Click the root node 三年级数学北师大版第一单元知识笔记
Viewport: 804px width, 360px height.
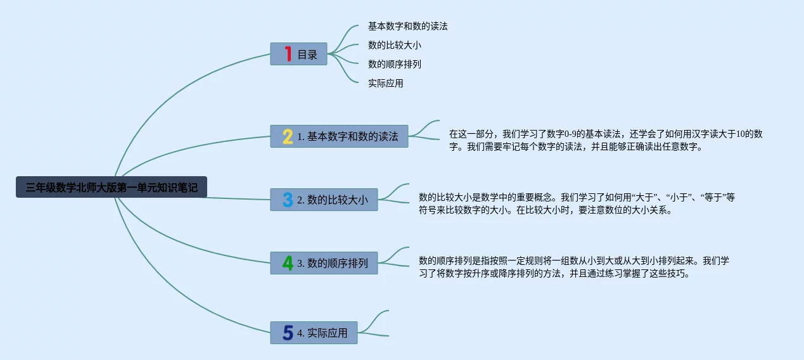pyautogui.click(x=112, y=187)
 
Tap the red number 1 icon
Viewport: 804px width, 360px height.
pyautogui.click(x=288, y=54)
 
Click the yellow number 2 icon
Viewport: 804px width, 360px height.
pyautogui.click(x=288, y=136)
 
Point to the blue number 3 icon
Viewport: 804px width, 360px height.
pyautogui.click(x=288, y=200)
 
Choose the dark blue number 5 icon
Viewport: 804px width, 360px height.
pyautogui.click(x=288, y=333)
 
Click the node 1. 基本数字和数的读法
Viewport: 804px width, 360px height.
pyautogui.click(x=347, y=136)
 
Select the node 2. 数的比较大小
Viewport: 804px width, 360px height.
pyautogui.click(x=332, y=200)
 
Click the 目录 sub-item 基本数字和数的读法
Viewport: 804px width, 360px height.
pyautogui.click(x=408, y=27)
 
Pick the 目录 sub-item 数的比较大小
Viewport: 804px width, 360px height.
pyautogui.click(x=395, y=45)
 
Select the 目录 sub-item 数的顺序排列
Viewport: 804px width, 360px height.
pyautogui.click(x=395, y=64)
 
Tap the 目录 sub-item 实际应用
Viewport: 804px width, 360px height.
pyautogui.click(x=386, y=83)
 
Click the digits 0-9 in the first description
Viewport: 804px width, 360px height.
pyautogui.click(x=564, y=134)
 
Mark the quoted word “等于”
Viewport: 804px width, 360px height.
pyautogui.click(x=713, y=197)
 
